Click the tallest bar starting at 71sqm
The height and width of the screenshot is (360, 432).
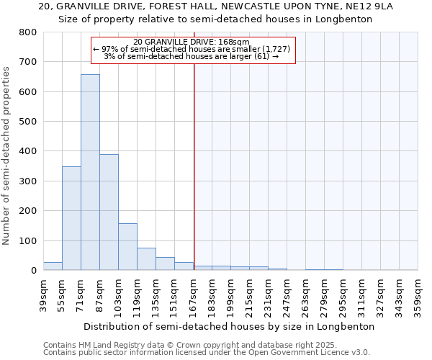pyautogui.click(x=90, y=172)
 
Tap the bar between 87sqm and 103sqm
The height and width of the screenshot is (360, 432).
pyautogui.click(x=109, y=212)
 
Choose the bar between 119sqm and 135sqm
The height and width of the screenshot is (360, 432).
pyautogui.click(x=146, y=258)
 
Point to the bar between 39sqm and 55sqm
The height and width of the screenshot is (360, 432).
pyautogui.click(x=53, y=266)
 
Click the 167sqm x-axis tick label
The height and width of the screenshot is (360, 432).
pyautogui.click(x=193, y=294)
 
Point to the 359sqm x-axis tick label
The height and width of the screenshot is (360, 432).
pyautogui.click(x=418, y=294)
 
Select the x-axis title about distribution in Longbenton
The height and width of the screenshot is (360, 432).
pyautogui.click(x=230, y=326)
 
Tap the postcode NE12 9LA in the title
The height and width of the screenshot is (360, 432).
pyautogui.click(x=392, y=6)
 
